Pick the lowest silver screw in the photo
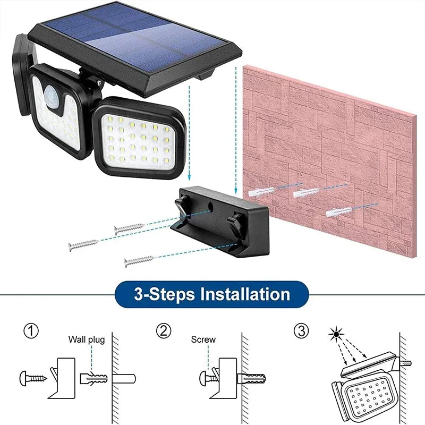click(x=139, y=260)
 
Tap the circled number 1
click(x=31, y=331)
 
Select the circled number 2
click(x=164, y=331)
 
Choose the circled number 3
click(x=300, y=331)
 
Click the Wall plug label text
click(x=86, y=339)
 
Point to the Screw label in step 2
click(x=203, y=339)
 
